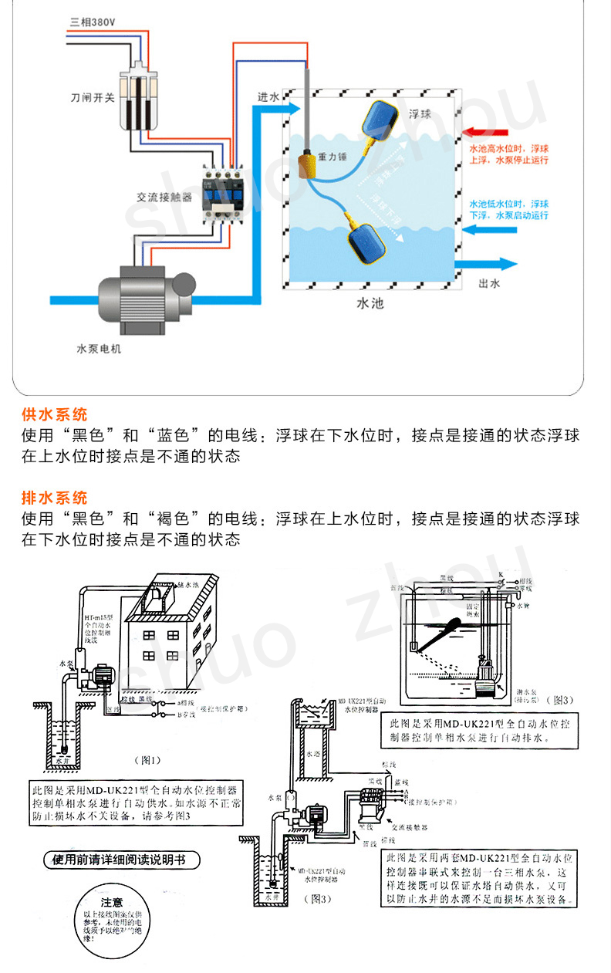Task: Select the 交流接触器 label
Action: tap(160, 198)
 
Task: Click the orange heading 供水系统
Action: tap(55, 414)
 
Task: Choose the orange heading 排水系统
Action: tap(55, 498)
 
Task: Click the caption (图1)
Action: tap(147, 759)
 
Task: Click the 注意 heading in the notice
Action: tap(112, 901)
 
